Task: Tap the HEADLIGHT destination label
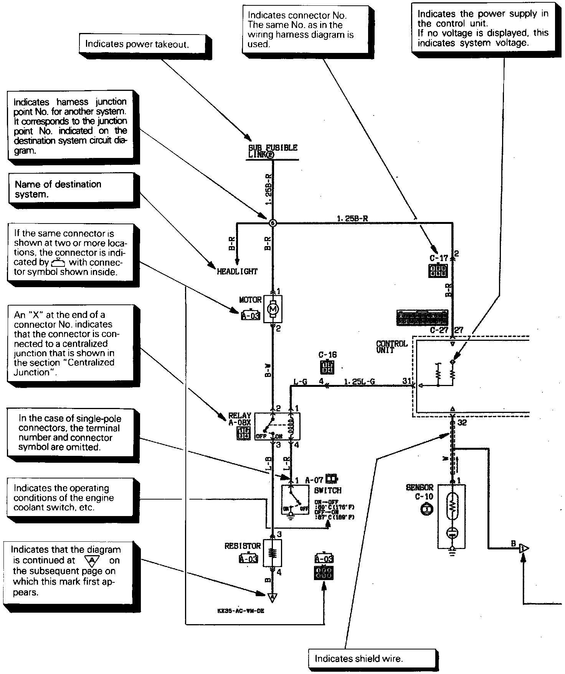(x=237, y=271)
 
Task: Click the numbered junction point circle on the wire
(x=273, y=223)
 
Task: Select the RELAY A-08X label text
(x=240, y=419)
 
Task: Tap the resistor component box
(x=273, y=553)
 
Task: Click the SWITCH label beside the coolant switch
(x=327, y=490)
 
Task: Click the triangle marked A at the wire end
(x=273, y=597)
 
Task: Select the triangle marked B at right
(x=524, y=549)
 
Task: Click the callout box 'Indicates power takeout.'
(x=137, y=44)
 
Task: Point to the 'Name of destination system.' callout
(x=71, y=189)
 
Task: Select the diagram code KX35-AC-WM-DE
(x=241, y=611)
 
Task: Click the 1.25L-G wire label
(x=359, y=382)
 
